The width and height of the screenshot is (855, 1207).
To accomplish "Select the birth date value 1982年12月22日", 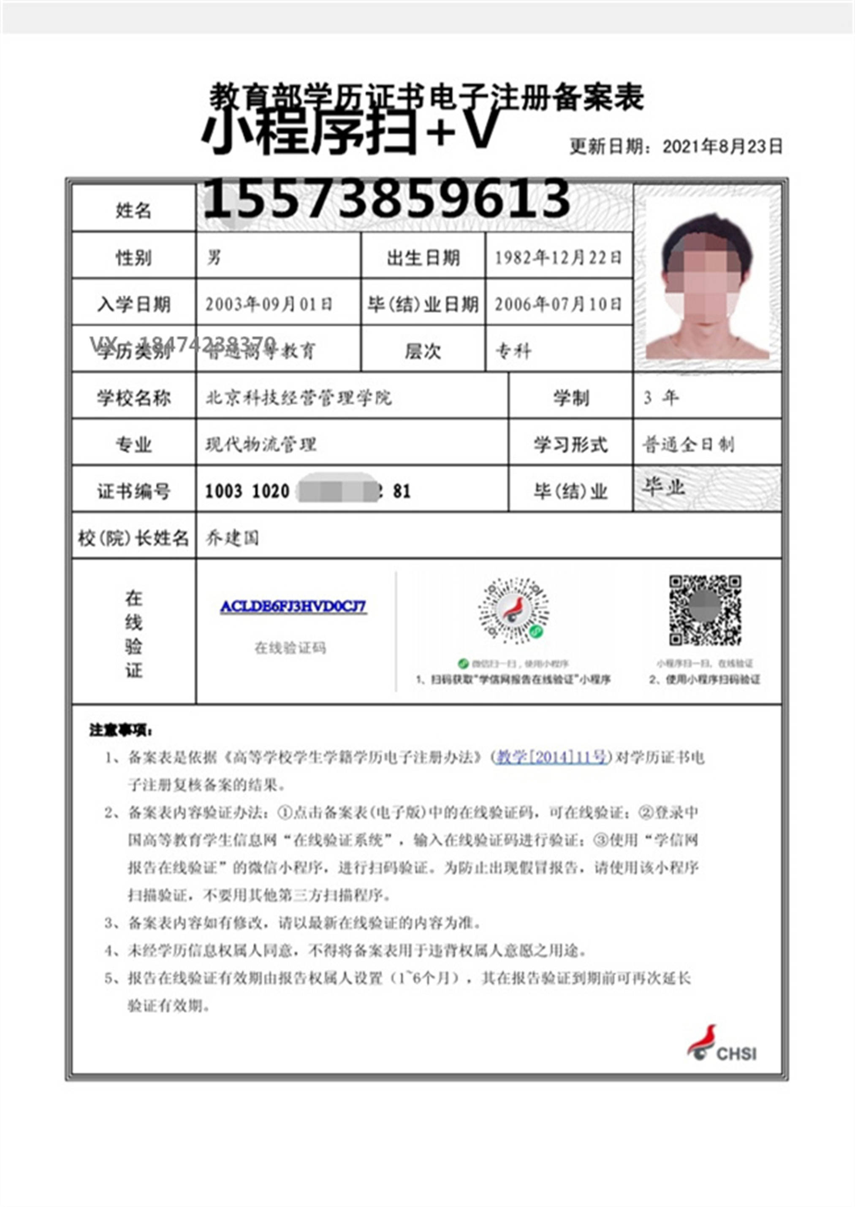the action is coord(558,257).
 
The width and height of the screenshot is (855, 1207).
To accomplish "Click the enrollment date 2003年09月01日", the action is coord(269,304).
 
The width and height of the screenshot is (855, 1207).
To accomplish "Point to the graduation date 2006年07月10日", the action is coord(558,304).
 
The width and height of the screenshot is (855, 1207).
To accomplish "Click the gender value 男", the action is coord(214,257).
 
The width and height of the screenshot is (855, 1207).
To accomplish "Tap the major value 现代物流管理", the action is coord(261,444).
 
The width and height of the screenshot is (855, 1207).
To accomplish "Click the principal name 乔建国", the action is coord(232,538).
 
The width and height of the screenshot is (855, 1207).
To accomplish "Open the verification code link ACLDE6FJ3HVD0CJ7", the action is coord(293,606).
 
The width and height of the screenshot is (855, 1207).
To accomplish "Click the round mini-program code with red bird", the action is coord(513,610).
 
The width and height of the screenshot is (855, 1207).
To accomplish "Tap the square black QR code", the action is coord(705,610).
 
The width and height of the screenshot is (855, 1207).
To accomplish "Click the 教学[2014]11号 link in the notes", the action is coord(552,757).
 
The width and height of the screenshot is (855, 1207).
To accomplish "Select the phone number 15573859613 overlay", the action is coord(387,198).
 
